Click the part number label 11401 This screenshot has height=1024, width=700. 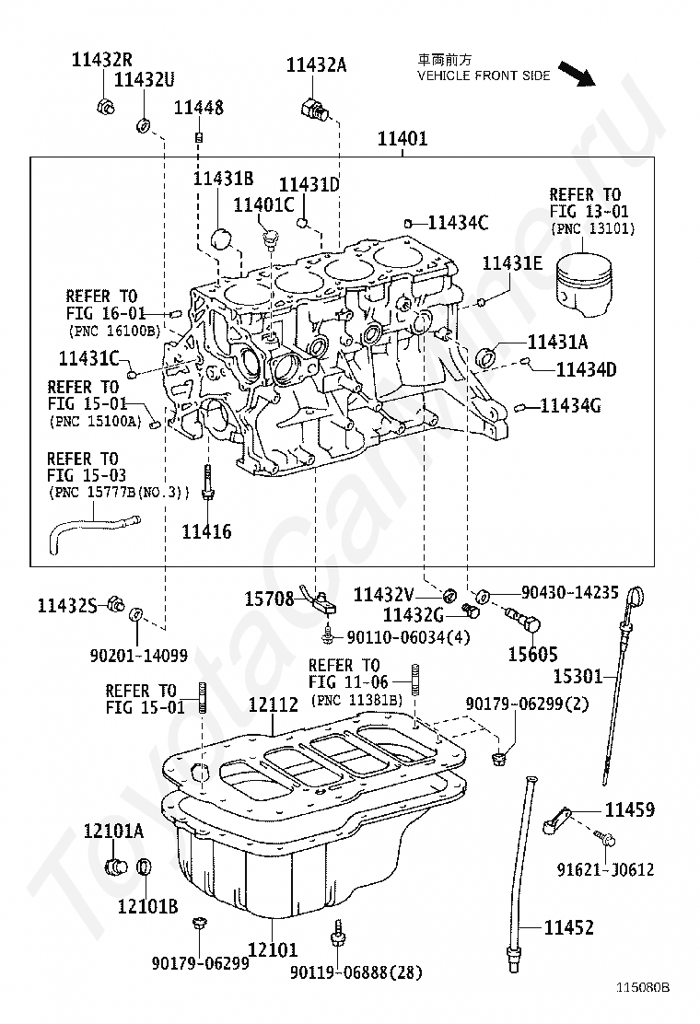pos(402,138)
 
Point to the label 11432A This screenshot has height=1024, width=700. pos(316,64)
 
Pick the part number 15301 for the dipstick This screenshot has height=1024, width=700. pos(577,677)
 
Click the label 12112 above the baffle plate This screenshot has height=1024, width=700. pos(274,704)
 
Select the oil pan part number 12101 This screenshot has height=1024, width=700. pos(273,948)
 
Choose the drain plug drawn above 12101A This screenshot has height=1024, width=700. pos(116,867)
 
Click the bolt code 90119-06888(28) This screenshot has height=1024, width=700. pos(356,972)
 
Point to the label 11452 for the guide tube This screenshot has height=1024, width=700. pos(569,927)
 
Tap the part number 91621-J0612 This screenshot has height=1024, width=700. pos(605,869)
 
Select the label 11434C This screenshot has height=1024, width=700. pos(458,223)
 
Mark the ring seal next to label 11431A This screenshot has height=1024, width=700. pos(486,357)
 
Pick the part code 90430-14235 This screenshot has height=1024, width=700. pos(569,592)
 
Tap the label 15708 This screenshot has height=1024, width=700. pos(269,599)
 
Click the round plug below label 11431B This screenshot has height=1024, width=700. pos(221,239)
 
